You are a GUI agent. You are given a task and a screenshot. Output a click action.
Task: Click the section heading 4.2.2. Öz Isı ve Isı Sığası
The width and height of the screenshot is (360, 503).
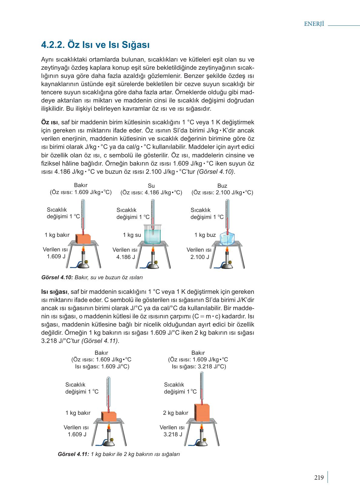click(95, 45)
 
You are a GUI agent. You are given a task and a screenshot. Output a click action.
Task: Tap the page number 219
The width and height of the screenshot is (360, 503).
click(319, 478)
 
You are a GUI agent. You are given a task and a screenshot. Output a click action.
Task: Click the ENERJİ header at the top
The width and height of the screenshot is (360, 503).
click(314, 24)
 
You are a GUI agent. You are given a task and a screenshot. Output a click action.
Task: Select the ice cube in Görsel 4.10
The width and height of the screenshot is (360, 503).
click(227, 238)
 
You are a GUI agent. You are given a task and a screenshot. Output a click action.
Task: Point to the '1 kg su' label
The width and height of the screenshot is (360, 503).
click(132, 235)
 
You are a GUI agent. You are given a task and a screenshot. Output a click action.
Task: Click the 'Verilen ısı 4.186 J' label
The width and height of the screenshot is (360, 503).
click(125, 253)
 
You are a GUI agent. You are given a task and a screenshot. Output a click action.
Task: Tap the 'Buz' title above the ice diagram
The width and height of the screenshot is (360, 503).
click(222, 186)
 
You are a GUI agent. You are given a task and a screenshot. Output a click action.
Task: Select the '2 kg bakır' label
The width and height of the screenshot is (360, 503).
click(176, 413)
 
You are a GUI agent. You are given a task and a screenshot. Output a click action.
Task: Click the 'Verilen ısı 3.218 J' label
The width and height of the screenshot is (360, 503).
click(172, 431)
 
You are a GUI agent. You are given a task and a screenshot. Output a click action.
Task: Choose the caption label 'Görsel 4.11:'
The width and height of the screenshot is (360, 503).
click(73, 454)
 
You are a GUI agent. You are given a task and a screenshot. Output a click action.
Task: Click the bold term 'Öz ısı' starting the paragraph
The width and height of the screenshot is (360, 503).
click(49, 122)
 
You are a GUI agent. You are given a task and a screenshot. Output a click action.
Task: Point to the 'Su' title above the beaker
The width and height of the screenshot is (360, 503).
click(151, 186)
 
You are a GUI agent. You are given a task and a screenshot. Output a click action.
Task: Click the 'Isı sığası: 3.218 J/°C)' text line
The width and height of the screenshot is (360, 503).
click(199, 367)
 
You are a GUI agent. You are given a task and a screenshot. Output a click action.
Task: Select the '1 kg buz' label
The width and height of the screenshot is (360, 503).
click(205, 235)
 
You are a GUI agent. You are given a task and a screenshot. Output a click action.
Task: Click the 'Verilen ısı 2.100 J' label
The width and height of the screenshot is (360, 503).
click(199, 253)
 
